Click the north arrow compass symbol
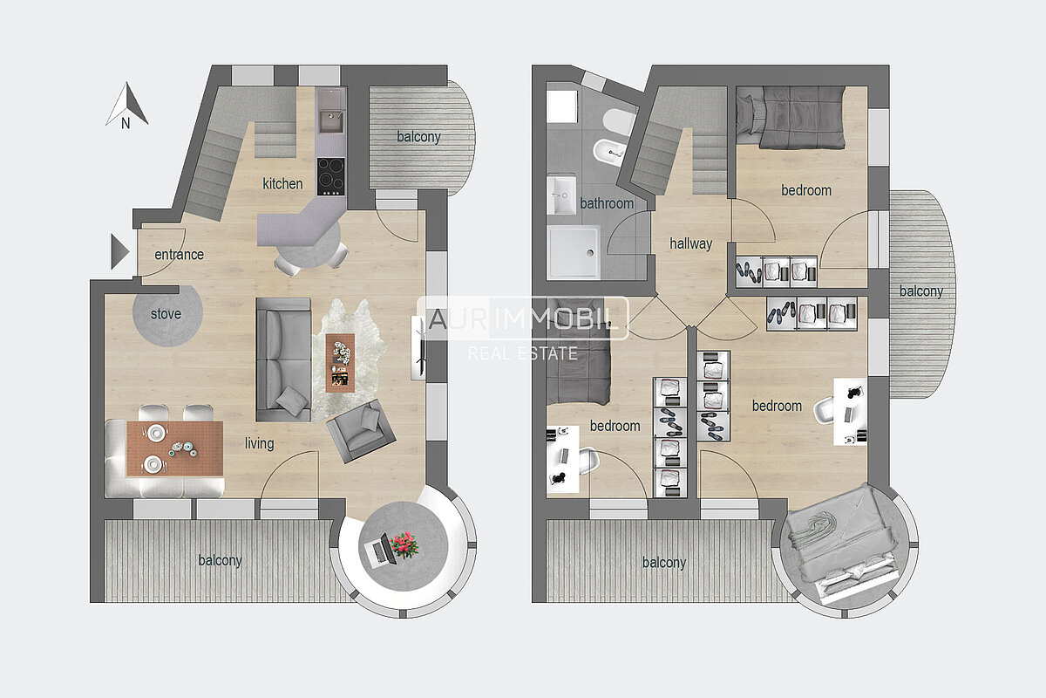point(126,106)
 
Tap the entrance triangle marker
point(119,251)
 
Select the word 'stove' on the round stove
point(166,314)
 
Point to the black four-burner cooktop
point(331,177)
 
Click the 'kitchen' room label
point(282,184)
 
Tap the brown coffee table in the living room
point(340,363)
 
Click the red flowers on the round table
point(404,544)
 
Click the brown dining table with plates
point(174,448)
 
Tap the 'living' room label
point(259,443)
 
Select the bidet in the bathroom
point(609,150)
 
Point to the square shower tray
point(574,252)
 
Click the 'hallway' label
point(690,243)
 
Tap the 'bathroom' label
point(607,203)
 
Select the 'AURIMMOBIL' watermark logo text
point(522,318)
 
